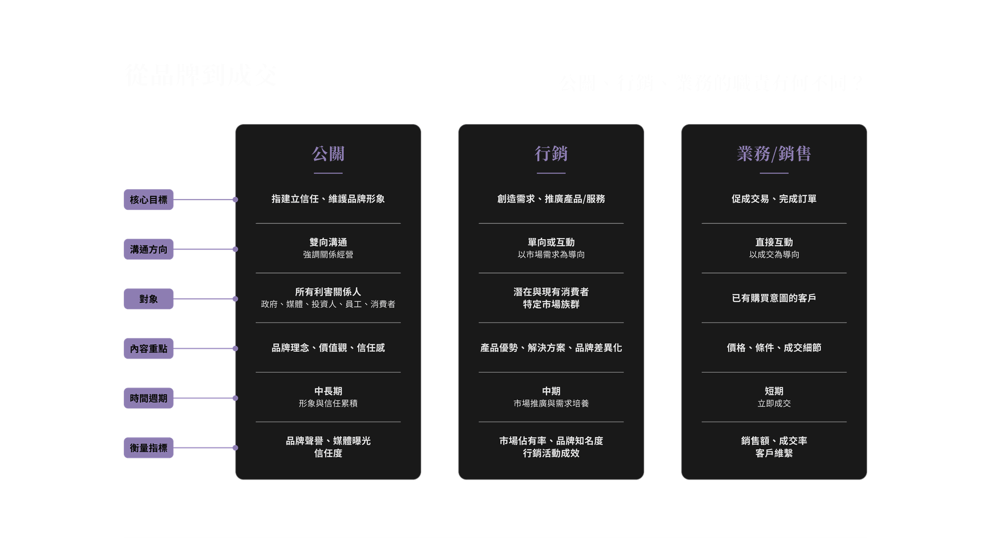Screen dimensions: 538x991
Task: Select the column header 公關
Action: pos(328,153)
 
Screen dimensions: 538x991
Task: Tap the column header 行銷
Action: pos(551,153)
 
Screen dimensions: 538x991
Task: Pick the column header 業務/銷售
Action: pos(774,153)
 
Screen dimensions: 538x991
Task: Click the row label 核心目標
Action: pos(149,200)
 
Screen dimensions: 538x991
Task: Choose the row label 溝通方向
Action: pos(149,250)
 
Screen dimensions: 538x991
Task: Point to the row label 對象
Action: pos(149,299)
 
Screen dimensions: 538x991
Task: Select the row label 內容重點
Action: pos(149,349)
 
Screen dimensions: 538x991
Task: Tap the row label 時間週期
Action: pos(149,398)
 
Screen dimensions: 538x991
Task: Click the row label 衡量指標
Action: pos(149,448)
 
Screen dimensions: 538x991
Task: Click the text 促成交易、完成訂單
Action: pos(774,199)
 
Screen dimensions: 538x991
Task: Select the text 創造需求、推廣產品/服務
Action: pos(551,199)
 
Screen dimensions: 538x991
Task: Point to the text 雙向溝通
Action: pos(328,242)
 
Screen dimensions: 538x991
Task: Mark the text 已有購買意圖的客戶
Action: pos(774,298)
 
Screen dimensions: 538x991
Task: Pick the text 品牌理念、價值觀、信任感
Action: pos(328,348)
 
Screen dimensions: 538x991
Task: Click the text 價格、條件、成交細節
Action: pos(774,348)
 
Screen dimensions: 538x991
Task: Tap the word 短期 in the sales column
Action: pos(774,391)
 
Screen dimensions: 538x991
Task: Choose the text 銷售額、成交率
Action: pos(774,441)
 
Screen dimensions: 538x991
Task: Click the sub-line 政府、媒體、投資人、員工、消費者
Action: pos(328,304)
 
